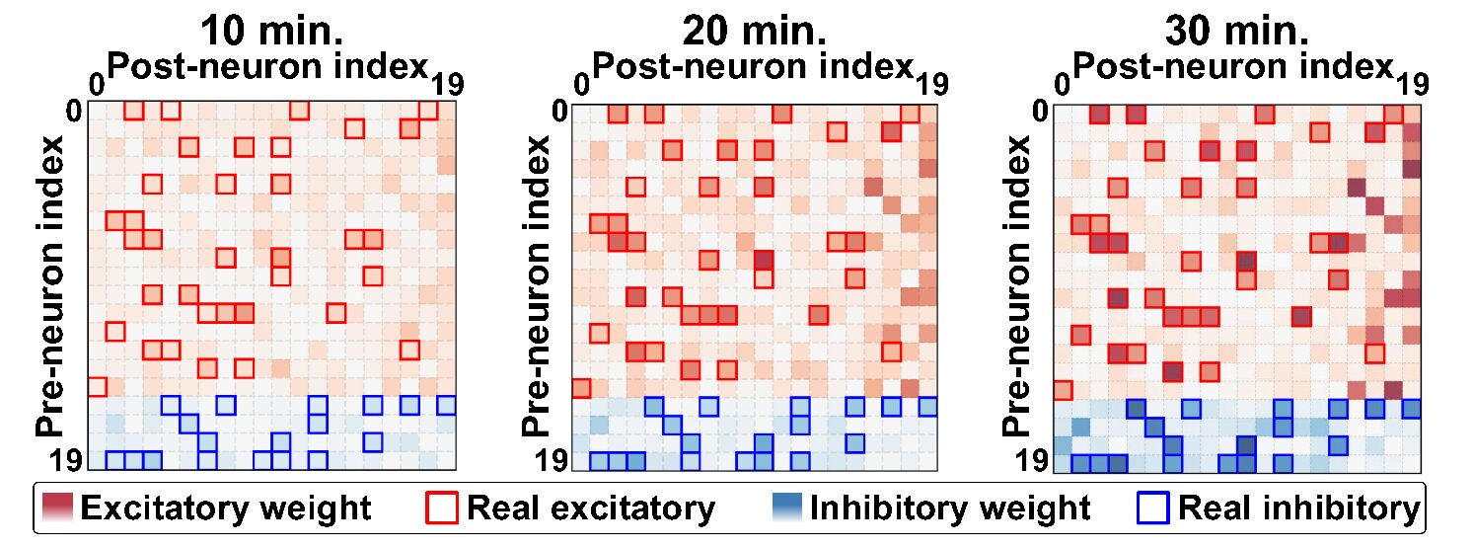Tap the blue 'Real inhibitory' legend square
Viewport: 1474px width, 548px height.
(1157, 509)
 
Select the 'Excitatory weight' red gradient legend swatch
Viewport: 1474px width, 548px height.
(58, 509)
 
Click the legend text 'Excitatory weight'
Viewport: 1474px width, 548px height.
(226, 509)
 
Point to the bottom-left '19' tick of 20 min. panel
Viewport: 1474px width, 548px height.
(549, 461)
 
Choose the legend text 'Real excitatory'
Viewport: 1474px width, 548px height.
(590, 509)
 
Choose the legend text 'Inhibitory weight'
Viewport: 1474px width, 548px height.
(950, 509)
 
